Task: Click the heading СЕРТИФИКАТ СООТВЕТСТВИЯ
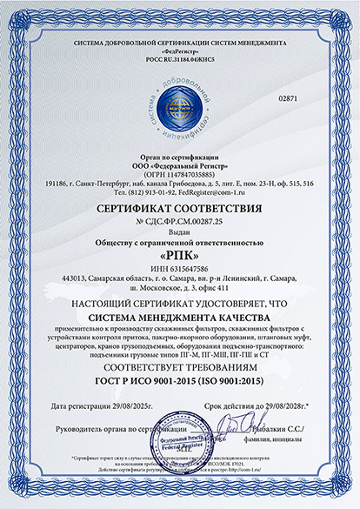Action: (180, 210)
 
